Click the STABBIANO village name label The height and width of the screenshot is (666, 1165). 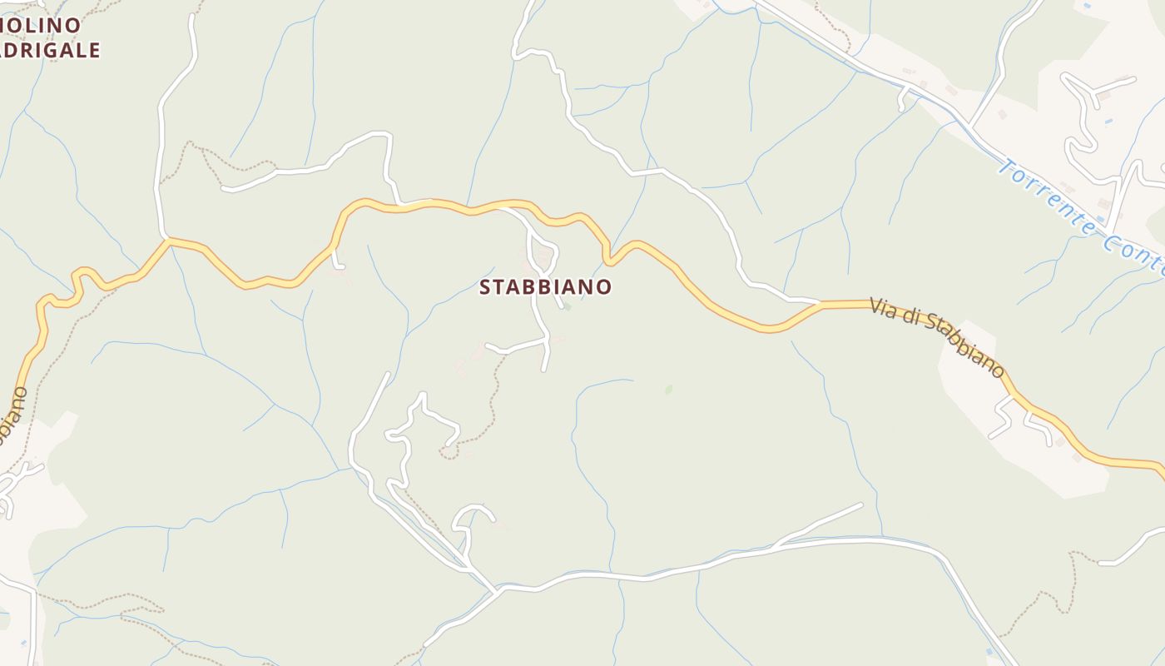[x=546, y=287]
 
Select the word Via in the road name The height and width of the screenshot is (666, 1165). [x=887, y=308]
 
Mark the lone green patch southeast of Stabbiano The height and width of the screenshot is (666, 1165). [x=668, y=389]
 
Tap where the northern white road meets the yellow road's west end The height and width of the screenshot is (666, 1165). [x=166, y=240]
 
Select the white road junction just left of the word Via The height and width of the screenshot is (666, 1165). [x=820, y=302]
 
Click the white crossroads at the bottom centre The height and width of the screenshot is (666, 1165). [x=498, y=590]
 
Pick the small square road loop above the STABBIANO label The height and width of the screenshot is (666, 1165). [x=544, y=256]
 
